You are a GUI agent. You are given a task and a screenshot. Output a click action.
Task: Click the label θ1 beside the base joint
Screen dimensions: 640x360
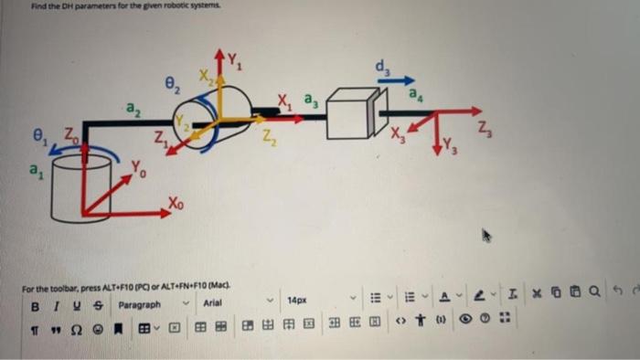coord(37,141)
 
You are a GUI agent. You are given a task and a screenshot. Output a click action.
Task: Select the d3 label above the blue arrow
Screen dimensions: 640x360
coord(381,67)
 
